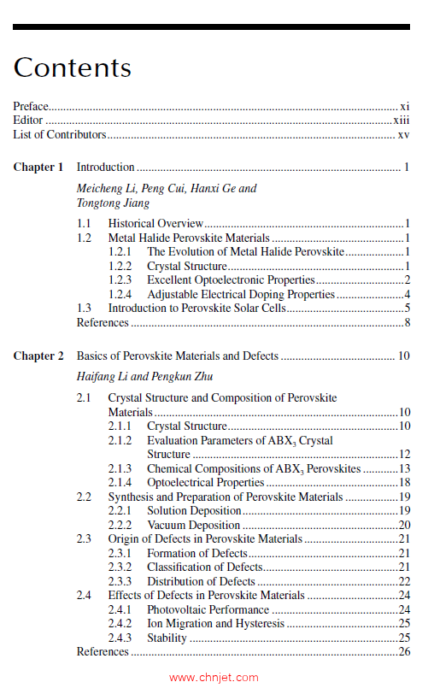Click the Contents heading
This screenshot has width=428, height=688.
coord(73,68)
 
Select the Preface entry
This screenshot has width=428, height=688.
coord(31,107)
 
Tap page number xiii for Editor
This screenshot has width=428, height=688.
coord(402,121)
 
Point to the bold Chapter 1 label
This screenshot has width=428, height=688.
coord(38,168)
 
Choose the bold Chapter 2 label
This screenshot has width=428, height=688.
coord(38,356)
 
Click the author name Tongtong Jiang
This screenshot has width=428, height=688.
coord(113,203)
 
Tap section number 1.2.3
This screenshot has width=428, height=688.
coord(120,280)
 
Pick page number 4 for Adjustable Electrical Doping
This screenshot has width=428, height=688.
coord(408,295)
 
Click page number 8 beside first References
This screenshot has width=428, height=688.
coord(408,323)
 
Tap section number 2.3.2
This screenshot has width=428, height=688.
coord(120,567)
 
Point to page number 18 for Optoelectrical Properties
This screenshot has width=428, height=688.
coord(405,483)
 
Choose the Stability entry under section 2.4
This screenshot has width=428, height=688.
coord(167,638)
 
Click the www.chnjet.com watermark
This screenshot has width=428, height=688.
coord(214,678)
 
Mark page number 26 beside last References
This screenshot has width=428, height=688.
coord(405,652)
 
